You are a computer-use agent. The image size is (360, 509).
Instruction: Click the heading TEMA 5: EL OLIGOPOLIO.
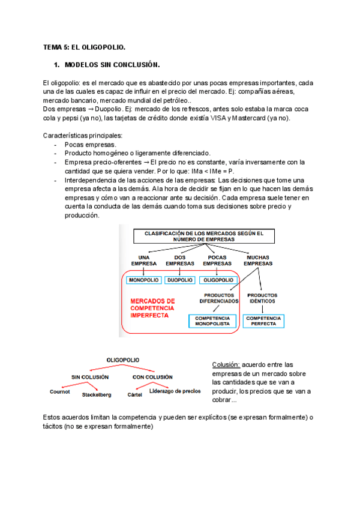84,46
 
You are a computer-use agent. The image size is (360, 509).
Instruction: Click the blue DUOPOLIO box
180,280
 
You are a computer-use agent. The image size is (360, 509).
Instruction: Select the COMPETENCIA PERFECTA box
263,321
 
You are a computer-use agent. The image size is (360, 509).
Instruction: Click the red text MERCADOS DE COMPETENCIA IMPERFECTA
153,308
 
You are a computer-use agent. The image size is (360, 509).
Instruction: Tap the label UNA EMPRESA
143,260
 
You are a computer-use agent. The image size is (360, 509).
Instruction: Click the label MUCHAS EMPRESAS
259,260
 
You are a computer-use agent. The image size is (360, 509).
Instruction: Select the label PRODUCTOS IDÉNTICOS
262,298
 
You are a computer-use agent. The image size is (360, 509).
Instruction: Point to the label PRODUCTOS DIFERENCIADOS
219,298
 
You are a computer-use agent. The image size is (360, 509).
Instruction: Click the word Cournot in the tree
60,391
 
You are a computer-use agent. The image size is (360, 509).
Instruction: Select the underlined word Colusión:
226,365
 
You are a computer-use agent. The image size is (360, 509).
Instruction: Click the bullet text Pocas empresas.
91,145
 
